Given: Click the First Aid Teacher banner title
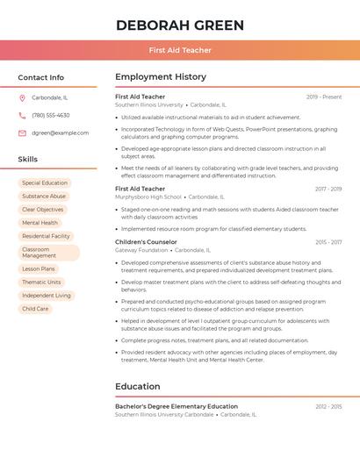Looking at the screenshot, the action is coord(180,50).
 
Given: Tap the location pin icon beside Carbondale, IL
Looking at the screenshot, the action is coord(22,97).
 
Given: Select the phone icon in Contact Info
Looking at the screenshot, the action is coord(22,115).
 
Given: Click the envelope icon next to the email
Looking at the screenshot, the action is coord(22,132).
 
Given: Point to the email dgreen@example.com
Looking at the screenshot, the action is coord(61,132).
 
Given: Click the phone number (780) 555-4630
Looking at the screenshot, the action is coord(51,115).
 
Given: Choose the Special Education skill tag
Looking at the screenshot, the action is coord(45,183).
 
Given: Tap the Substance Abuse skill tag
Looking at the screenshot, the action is coord(44,197).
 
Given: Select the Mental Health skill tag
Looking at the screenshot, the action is coord(40,223).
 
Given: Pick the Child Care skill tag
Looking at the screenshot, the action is coord(36,309).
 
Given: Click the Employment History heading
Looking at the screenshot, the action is coord(161,77).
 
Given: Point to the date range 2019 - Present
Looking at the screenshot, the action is coord(323,97).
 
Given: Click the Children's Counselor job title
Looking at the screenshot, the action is coord(146,241).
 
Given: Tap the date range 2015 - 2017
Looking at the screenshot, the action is coord(328,241).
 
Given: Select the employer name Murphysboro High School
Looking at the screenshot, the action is coord(148,197).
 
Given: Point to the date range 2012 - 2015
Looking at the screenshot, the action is coord(328,406).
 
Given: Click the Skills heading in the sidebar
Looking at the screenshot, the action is coord(28,159).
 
